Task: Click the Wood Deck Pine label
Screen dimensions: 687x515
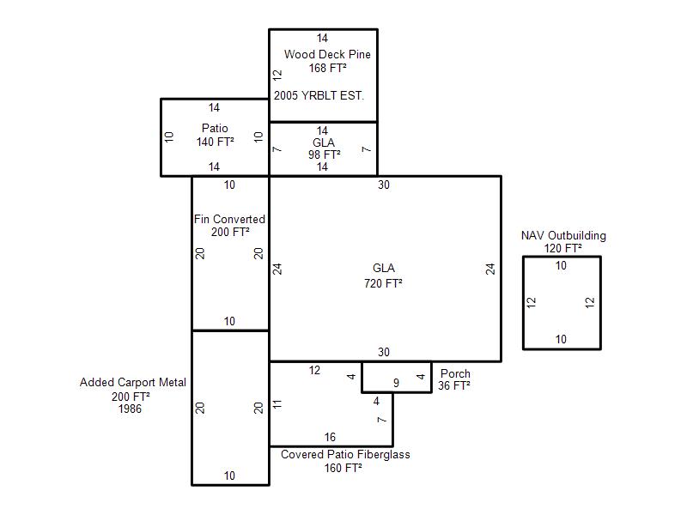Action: pyautogui.click(x=327, y=54)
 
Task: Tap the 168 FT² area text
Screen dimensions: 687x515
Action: pyautogui.click(x=328, y=68)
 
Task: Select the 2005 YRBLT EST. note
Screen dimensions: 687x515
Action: pyautogui.click(x=319, y=95)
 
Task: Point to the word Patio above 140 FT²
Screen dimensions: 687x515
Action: pyautogui.click(x=215, y=128)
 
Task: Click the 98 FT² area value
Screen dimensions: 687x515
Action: pyautogui.click(x=325, y=154)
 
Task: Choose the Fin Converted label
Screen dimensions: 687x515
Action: pyautogui.click(x=229, y=219)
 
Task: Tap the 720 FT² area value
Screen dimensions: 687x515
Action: pyautogui.click(x=383, y=283)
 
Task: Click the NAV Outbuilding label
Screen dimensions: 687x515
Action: pyautogui.click(x=563, y=235)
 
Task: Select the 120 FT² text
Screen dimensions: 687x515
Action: pyautogui.click(x=563, y=248)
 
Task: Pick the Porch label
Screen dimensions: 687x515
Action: pyautogui.click(x=455, y=373)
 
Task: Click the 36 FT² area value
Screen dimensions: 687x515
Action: pyautogui.click(x=454, y=385)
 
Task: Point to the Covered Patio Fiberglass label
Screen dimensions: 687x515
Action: pyautogui.click(x=345, y=455)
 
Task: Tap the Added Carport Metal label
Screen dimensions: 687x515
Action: pyautogui.click(x=133, y=382)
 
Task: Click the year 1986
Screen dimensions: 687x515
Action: pyautogui.click(x=131, y=409)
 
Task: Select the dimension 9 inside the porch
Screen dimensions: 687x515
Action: pyautogui.click(x=396, y=383)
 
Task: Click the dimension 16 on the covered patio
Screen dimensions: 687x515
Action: pyautogui.click(x=330, y=437)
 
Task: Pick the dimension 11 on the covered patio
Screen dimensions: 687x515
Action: pyautogui.click(x=277, y=404)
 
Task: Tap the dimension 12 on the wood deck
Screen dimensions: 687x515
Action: pyautogui.click(x=277, y=75)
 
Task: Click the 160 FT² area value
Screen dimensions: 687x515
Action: pyautogui.click(x=343, y=468)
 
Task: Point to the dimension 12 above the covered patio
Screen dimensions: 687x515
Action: pyautogui.click(x=314, y=371)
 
